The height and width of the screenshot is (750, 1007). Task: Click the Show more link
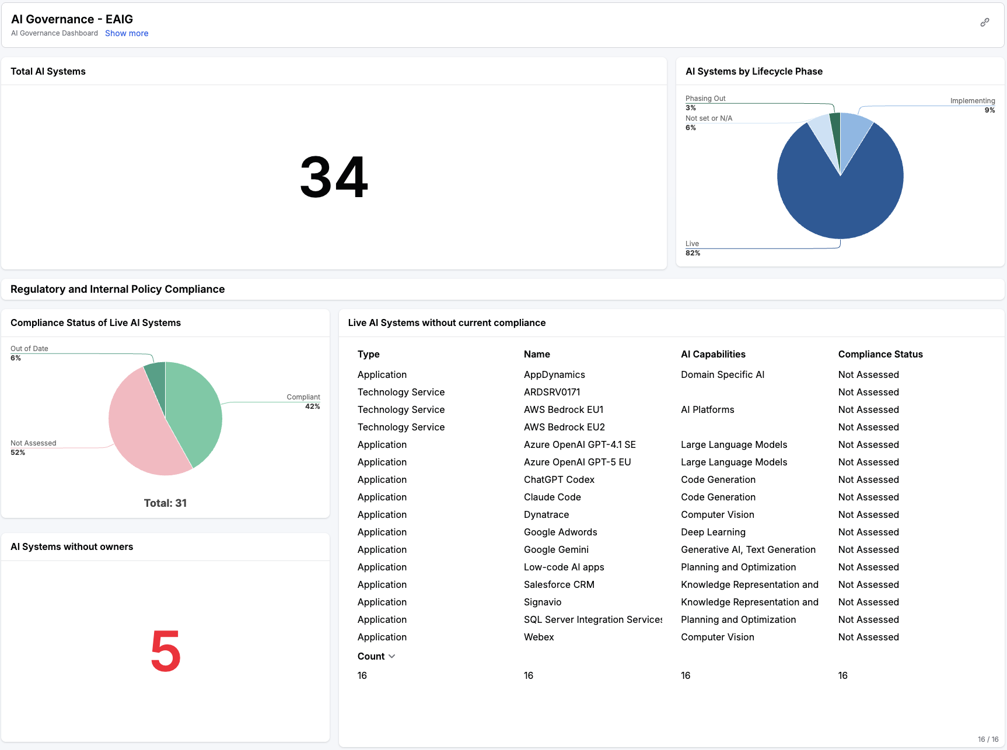click(127, 33)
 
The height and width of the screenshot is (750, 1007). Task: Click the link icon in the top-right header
click(985, 22)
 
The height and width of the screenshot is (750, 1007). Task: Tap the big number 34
click(334, 177)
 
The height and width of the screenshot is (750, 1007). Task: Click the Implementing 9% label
click(972, 105)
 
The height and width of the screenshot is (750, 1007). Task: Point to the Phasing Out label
click(705, 99)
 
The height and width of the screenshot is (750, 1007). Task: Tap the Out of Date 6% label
click(29, 353)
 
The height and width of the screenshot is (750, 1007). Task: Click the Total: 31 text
click(165, 503)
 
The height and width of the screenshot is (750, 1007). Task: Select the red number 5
click(166, 651)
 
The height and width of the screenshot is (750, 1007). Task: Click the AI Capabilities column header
click(713, 354)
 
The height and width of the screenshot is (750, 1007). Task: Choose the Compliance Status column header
click(880, 354)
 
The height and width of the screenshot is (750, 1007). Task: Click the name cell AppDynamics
click(554, 374)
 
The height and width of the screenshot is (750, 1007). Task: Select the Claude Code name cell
click(552, 497)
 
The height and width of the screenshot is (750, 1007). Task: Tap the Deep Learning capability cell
click(713, 532)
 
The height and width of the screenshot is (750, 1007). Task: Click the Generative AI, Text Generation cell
click(748, 549)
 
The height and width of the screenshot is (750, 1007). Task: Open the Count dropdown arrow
click(392, 656)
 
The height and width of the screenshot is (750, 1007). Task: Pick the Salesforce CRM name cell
click(559, 584)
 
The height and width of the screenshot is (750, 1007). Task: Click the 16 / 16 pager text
click(988, 739)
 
